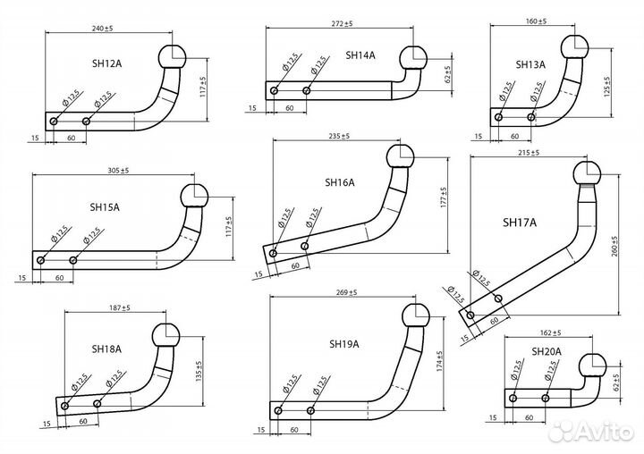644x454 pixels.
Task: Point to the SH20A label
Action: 547,351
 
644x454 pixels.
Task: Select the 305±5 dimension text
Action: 114,170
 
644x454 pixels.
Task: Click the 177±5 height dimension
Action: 443,198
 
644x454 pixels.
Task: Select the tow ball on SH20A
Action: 591,366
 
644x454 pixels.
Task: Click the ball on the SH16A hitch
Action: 401,158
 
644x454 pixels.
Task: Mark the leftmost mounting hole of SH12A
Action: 54,122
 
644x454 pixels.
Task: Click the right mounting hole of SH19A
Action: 310,410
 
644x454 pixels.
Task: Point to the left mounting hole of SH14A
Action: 274,90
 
